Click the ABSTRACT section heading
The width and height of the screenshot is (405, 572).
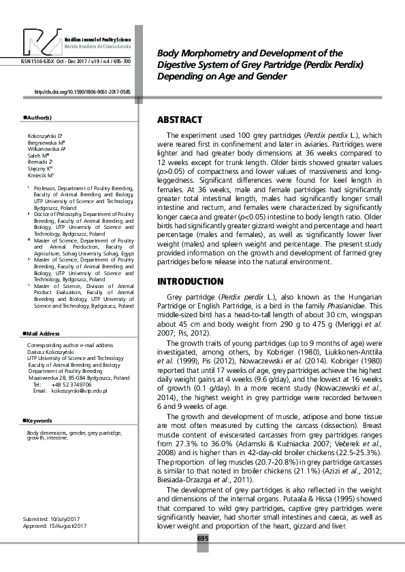click(x=180, y=120)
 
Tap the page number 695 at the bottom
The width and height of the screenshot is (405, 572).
click(x=202, y=538)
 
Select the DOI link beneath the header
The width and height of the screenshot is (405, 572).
click(x=82, y=91)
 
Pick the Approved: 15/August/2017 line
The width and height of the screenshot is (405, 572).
click(x=54, y=526)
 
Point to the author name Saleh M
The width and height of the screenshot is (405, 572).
click(x=36, y=155)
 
